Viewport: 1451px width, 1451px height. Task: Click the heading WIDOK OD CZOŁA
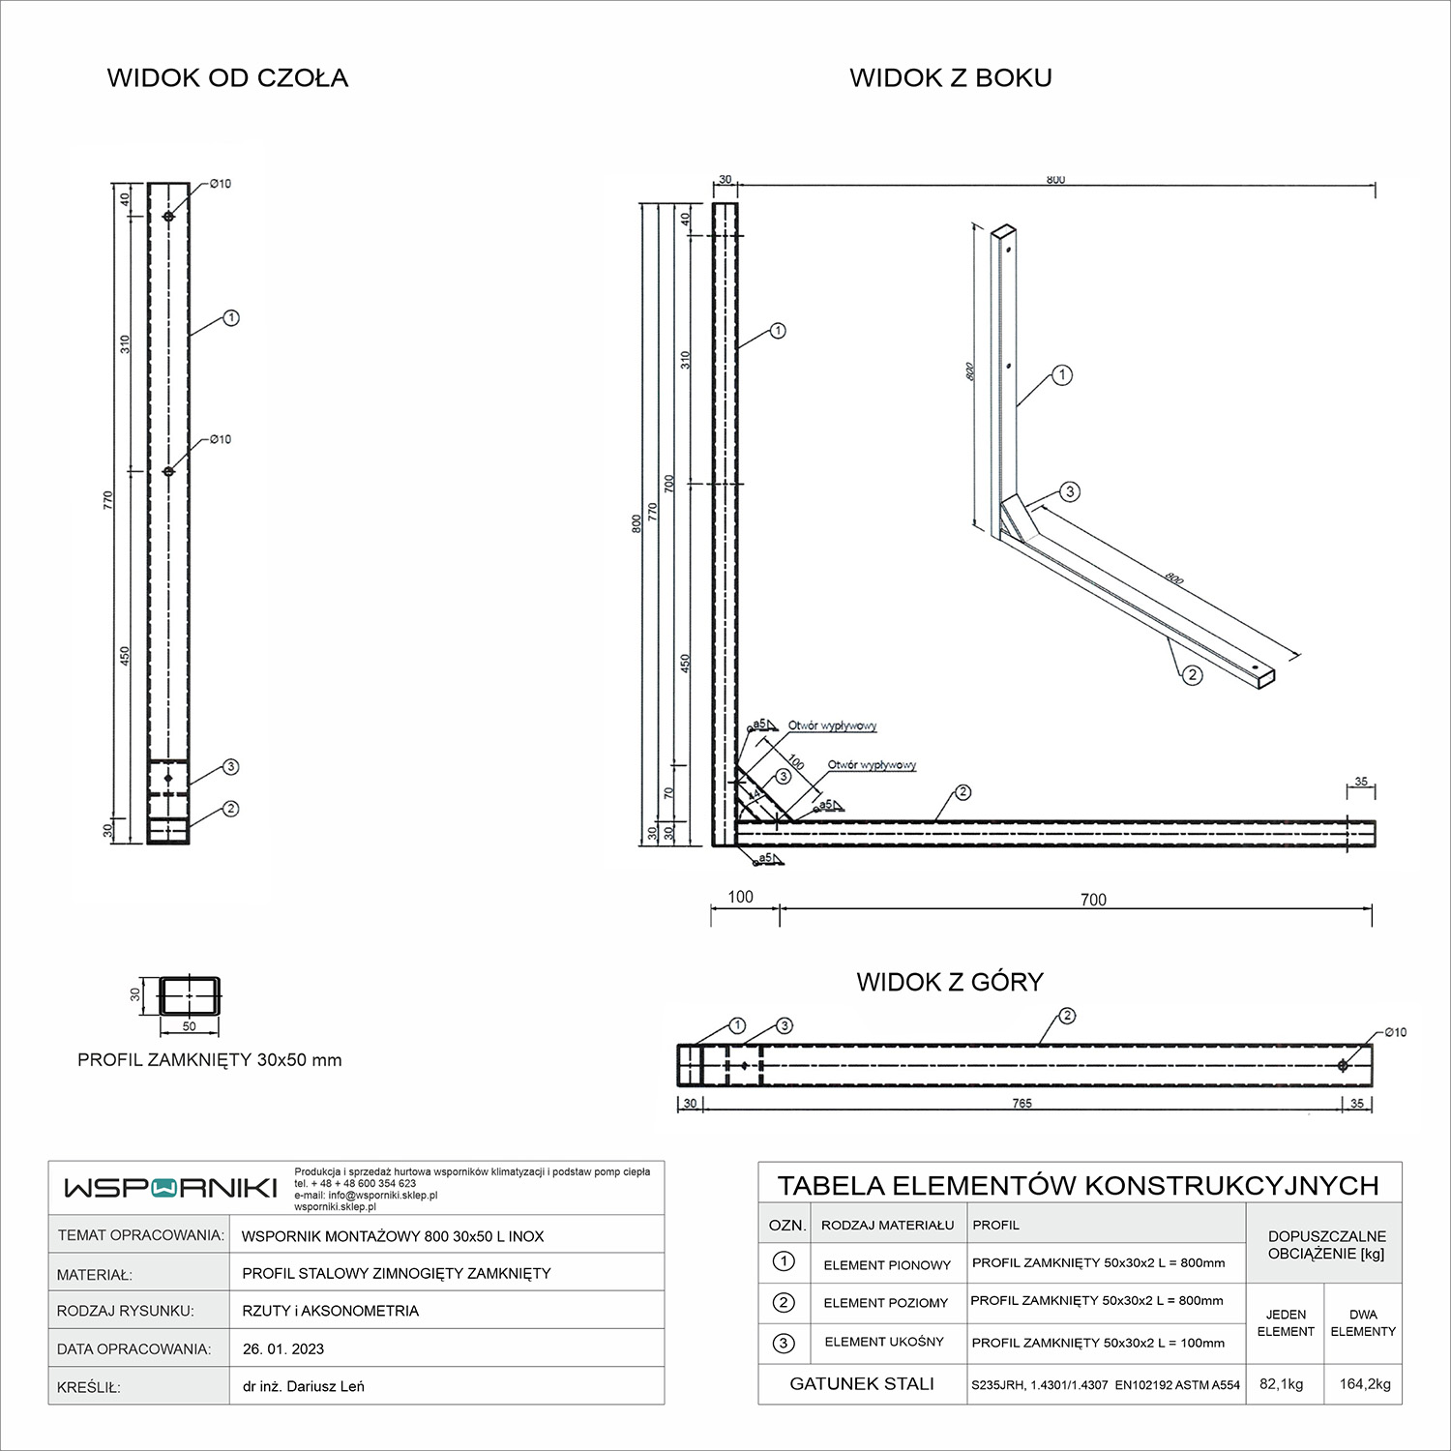coord(227,78)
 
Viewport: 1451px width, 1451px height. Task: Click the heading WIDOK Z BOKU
coord(951,78)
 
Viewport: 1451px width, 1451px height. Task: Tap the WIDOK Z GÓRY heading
coord(950,982)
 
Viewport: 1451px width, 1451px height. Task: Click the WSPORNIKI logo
coord(170,1188)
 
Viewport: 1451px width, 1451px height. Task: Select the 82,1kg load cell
coord(1282,1384)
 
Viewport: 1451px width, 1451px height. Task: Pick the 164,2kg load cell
coord(1364,1384)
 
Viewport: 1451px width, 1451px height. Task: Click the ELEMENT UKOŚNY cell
coord(883,1342)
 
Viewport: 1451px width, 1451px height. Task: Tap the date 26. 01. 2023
coord(283,1348)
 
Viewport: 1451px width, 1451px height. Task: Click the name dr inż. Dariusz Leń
coord(304,1386)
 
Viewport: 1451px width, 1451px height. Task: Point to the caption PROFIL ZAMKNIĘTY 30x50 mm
coord(210,1060)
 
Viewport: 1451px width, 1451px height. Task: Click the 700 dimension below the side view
coord(1093,900)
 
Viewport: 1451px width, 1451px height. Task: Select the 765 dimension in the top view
coord(1022,1104)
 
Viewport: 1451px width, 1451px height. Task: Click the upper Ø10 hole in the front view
coord(168,217)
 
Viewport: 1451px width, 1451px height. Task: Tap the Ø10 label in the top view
coord(1395,1033)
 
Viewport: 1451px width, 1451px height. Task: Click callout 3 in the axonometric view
coord(1070,491)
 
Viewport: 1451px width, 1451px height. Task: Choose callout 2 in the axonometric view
coord(1192,675)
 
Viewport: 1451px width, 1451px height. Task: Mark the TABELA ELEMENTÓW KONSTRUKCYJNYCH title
coord(1079,1185)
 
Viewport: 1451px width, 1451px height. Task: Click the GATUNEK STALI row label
coord(862,1384)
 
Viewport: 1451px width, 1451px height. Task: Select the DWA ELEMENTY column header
coord(1363,1323)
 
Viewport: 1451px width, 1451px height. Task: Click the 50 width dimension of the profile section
coord(189,1026)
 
